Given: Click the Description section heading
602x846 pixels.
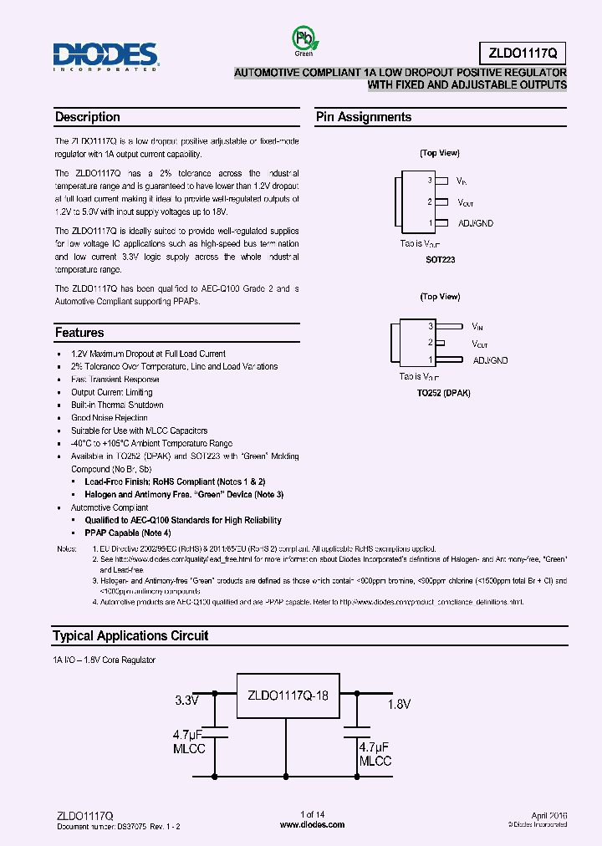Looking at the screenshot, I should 88,117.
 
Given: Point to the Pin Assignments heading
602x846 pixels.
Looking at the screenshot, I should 364,117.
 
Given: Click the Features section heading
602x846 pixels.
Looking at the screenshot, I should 79,333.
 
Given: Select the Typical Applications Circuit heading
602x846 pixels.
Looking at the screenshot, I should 130,635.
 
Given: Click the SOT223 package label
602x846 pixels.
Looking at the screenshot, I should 440,260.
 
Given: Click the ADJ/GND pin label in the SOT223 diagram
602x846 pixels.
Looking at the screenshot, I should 477,223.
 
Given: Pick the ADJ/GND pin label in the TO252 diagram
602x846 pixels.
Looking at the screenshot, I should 490,360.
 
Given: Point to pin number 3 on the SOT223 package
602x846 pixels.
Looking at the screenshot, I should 430,180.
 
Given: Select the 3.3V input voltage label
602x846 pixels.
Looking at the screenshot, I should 188,701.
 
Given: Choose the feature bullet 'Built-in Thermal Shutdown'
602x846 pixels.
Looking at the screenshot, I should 117,405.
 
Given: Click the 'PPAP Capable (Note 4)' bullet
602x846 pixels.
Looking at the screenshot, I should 128,533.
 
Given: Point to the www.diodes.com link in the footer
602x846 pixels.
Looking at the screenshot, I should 312,824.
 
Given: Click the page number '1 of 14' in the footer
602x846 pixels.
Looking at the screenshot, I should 312,814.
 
